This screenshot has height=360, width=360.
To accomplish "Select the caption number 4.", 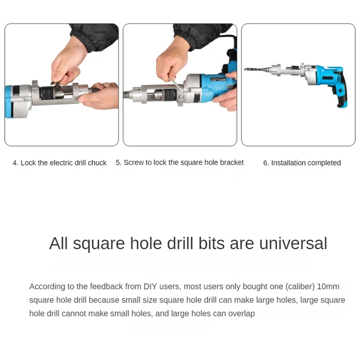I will point(15,163).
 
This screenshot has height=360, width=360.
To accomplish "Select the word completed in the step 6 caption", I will point(325,163).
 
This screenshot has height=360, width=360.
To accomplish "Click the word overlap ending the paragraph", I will point(242,314).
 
